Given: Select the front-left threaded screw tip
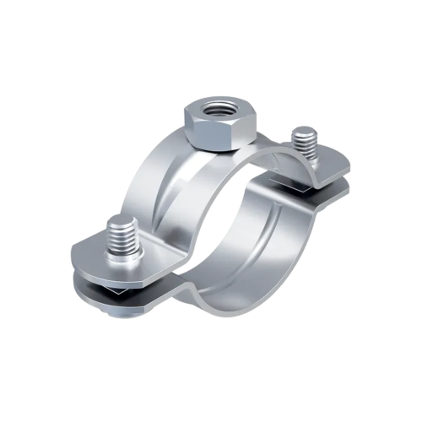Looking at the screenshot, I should (122, 236).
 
